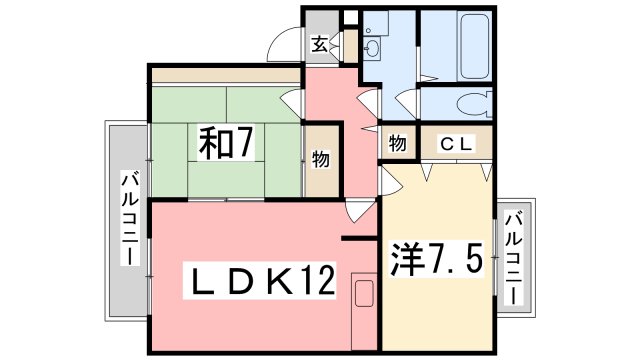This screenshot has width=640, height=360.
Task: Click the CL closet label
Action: [x=455, y=144]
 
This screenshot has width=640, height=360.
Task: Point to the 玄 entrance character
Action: [x=319, y=43]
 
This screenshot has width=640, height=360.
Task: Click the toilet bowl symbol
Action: [x=472, y=102]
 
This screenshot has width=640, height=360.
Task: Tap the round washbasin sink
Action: [x=373, y=49]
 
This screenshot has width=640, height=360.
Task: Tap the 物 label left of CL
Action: [x=397, y=144]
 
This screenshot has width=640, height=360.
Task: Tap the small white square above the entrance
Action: [x=349, y=17]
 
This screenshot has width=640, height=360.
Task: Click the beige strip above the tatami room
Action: [x=225, y=76]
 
